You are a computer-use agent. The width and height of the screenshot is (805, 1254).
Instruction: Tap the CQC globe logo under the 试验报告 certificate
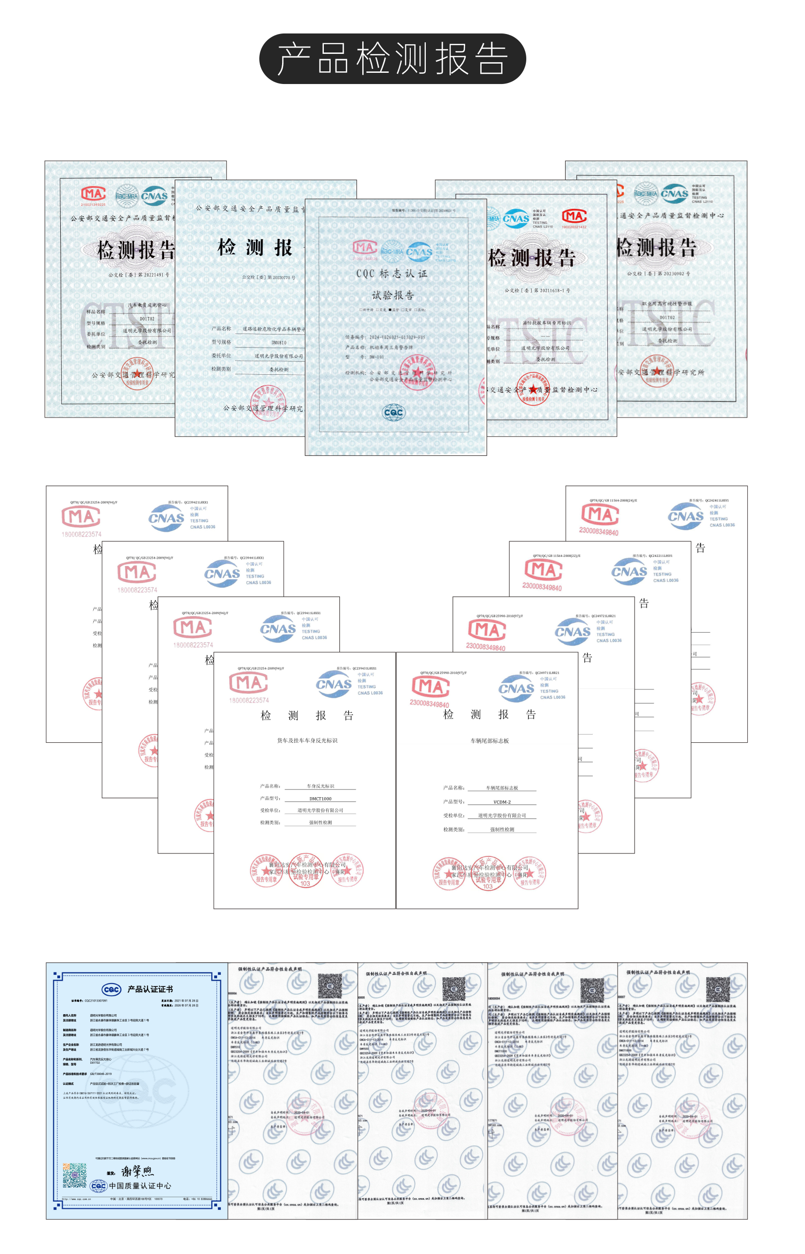(393, 413)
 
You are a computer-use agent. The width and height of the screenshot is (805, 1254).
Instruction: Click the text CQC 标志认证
(391, 273)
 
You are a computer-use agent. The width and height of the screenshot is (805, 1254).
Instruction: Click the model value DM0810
(279, 342)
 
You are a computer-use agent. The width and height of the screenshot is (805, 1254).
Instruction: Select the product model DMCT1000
(320, 798)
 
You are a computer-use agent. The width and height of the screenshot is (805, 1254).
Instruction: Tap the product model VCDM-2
(502, 802)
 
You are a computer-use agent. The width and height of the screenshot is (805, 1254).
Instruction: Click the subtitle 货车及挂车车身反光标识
(307, 740)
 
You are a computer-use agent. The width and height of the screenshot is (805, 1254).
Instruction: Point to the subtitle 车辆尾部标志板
(489, 741)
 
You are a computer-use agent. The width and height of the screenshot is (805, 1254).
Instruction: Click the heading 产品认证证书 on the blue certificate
(150, 989)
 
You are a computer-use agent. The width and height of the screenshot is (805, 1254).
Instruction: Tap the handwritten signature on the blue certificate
(137, 1171)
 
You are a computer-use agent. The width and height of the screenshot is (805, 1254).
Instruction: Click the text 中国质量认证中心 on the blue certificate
(139, 1186)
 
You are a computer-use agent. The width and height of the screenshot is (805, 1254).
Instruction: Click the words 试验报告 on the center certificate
(393, 295)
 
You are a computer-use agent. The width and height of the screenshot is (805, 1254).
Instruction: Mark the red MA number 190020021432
(574, 227)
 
